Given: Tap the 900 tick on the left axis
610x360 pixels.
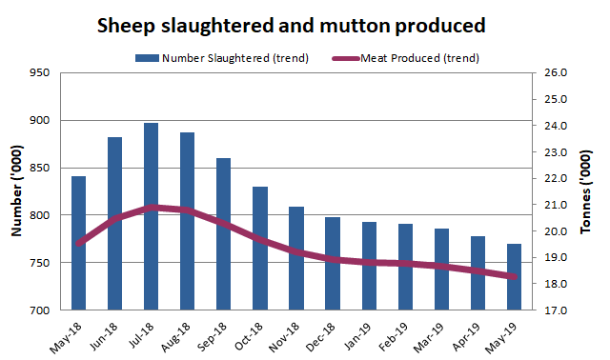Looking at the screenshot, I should click(x=40, y=120).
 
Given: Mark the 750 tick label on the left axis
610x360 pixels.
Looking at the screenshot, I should click(x=40, y=263).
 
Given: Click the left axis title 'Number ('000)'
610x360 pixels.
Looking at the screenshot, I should click(x=16, y=191).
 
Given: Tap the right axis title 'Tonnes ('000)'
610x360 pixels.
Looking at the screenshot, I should click(x=585, y=191).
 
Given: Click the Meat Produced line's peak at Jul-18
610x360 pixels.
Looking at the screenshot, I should click(x=151, y=207).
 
